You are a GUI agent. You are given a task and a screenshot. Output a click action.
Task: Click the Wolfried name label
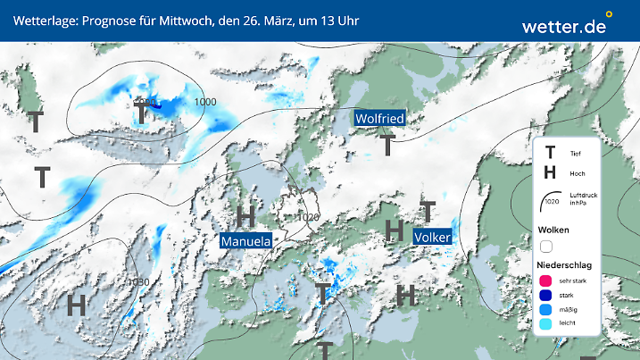click(379, 118)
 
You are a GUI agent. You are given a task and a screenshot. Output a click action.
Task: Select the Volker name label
click(432, 238)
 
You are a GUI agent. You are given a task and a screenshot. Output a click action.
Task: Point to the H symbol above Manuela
click(245, 216)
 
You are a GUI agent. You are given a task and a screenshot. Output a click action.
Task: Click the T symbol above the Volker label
click(428, 212)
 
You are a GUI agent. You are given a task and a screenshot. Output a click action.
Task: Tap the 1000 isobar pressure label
click(205, 102)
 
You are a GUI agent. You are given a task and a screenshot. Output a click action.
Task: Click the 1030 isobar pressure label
click(138, 282)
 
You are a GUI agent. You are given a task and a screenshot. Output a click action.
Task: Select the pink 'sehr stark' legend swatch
click(546, 280)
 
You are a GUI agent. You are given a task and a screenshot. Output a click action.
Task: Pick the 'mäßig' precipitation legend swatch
click(546, 310)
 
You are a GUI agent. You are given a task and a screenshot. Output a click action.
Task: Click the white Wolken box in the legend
click(546, 246)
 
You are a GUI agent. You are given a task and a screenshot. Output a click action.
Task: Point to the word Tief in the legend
click(575, 155)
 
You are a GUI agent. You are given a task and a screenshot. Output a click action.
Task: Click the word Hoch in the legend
click(576, 172)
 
